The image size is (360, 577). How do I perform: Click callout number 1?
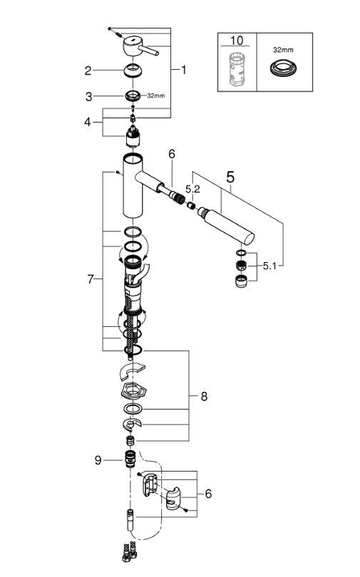pos(183,70)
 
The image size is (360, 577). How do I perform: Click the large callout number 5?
pos(230,177)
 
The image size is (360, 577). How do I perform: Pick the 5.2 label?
pos(192,189)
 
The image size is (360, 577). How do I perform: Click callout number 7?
pos(91,279)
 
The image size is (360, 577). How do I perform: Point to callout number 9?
pos(99,460)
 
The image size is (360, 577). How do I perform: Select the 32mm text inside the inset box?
pos(283,51)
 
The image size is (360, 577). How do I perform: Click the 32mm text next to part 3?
pos(155,95)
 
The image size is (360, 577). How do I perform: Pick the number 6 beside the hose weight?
pos(208,493)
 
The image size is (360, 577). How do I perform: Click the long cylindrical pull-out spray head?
pos(225,223)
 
